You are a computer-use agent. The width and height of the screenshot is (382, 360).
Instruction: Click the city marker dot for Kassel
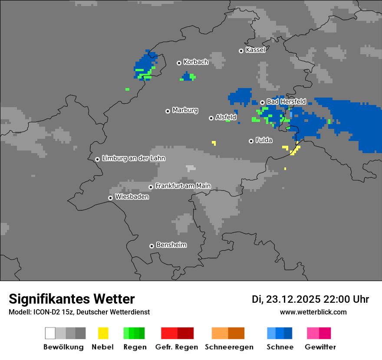coord(241,51)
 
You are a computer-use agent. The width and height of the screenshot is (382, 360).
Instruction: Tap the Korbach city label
coord(196,62)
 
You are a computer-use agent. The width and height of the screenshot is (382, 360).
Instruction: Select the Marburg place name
coord(185,110)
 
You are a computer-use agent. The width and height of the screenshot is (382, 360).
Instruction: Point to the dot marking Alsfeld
coord(211,118)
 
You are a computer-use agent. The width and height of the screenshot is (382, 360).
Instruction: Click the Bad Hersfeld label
coord(286,101)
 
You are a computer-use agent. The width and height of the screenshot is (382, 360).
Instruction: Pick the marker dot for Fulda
coord(251,141)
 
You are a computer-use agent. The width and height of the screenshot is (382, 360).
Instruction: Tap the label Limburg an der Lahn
coord(133,158)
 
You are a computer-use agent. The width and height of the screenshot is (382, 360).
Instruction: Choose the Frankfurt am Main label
coord(183,186)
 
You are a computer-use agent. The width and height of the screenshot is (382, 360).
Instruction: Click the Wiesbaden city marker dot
coord(111,198)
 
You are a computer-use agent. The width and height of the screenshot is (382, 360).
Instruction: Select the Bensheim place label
coord(171,245)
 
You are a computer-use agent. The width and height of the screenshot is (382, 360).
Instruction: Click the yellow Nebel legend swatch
coord(103,333)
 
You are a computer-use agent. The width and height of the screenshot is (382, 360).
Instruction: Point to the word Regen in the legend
coord(134,347)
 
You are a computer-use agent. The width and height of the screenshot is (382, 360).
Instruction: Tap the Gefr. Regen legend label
coord(177,347)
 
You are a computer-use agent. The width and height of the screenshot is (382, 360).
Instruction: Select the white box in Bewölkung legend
coord(50,333)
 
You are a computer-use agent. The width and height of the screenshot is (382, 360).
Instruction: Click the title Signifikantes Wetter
coord(72,299)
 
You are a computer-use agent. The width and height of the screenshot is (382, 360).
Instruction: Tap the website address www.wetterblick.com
coord(313,312)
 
